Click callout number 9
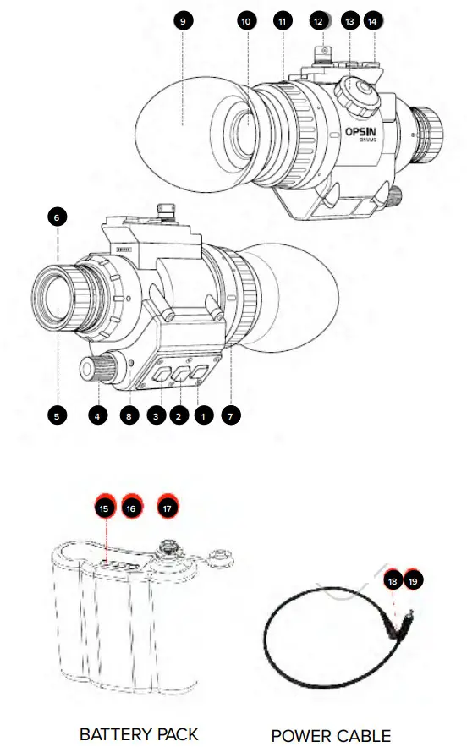183,20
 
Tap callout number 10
247,21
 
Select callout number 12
318,21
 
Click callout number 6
57,217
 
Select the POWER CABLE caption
331,734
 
